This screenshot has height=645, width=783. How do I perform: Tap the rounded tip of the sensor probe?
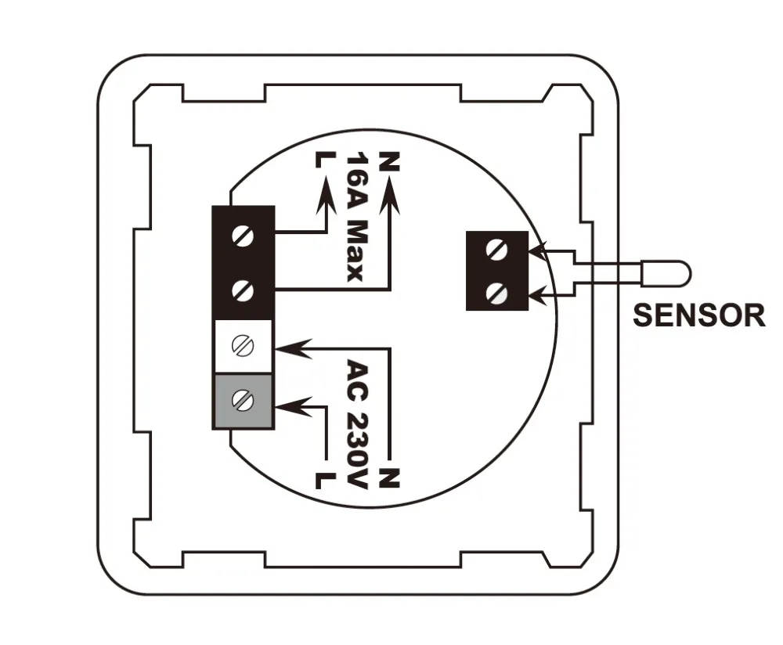(684, 273)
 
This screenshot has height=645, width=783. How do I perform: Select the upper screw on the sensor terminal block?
(496, 251)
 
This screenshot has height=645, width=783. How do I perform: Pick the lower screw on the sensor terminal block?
(496, 294)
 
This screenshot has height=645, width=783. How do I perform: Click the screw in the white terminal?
(244, 345)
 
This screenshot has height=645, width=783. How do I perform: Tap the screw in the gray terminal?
(244, 401)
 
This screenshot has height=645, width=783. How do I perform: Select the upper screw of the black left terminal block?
(244, 234)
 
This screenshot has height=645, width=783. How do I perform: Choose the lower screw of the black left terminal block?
(244, 291)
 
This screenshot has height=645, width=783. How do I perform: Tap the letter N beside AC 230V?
(389, 477)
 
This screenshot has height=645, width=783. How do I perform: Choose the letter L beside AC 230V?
(323, 478)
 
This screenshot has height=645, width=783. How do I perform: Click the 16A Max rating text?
(356, 216)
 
